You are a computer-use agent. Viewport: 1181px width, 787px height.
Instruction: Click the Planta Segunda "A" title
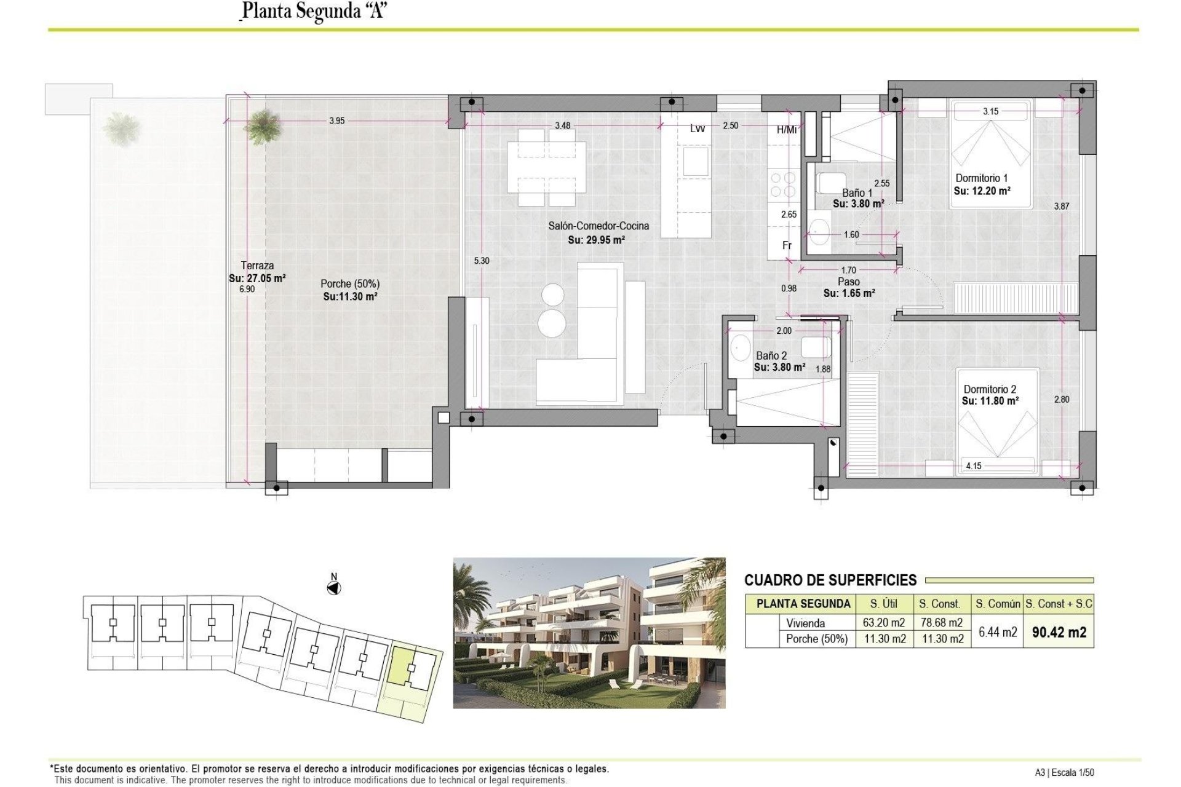point(314,11)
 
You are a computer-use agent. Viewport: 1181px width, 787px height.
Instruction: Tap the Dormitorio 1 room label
point(981,178)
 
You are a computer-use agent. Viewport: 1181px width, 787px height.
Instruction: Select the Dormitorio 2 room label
point(990,389)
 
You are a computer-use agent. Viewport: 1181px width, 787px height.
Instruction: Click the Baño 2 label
point(771,355)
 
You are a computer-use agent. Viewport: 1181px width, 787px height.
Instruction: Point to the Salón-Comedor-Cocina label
point(598,226)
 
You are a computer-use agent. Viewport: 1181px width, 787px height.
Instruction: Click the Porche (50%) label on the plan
point(349,284)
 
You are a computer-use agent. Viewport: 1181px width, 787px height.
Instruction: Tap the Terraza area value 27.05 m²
point(257,279)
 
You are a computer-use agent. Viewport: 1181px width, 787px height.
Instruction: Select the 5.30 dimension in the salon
point(482,261)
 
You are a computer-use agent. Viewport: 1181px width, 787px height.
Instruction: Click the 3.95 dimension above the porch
point(336,121)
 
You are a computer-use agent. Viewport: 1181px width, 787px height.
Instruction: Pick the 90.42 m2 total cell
point(1059,632)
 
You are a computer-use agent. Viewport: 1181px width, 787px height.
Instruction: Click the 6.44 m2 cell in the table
point(997,632)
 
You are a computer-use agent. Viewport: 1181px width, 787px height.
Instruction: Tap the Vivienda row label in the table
point(805,623)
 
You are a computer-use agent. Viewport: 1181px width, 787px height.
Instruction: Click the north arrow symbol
point(334,588)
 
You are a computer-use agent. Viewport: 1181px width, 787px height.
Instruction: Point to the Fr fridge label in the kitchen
point(787,245)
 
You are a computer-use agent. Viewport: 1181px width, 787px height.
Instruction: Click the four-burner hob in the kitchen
point(782,185)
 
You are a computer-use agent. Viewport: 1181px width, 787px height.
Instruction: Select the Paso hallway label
point(848,282)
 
